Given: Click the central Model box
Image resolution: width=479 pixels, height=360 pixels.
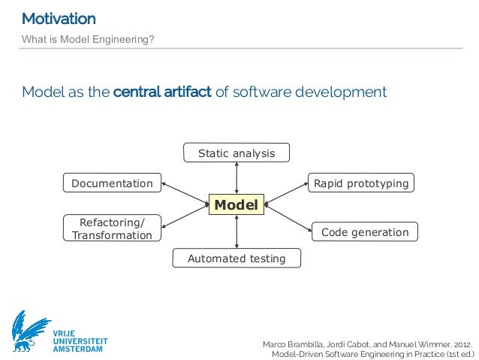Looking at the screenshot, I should coord(236,204).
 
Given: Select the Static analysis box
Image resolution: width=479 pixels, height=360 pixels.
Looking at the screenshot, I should coord(236,153).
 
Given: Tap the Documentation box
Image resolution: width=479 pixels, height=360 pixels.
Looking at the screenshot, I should coord(112,183).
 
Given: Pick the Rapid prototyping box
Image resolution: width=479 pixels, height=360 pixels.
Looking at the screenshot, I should coord(361,183).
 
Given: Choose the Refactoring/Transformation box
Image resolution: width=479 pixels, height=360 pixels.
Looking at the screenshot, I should coord(112,228).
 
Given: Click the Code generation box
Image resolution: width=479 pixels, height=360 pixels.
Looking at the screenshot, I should coord(365,232).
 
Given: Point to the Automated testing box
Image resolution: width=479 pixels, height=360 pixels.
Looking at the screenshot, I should coord(236,259).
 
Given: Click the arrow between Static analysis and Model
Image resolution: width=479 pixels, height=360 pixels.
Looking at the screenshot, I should coord(236,178).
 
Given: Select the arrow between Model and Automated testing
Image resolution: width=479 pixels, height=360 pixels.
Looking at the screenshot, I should coord(236,231).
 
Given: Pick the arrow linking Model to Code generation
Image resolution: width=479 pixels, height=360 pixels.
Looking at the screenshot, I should coord(288,216).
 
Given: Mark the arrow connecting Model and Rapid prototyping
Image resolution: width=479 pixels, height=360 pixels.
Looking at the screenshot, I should coord(287,192).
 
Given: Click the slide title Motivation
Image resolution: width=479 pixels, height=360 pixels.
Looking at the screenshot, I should coord(59,18).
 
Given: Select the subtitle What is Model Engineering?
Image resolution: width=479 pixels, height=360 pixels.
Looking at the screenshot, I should coord(88,38).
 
